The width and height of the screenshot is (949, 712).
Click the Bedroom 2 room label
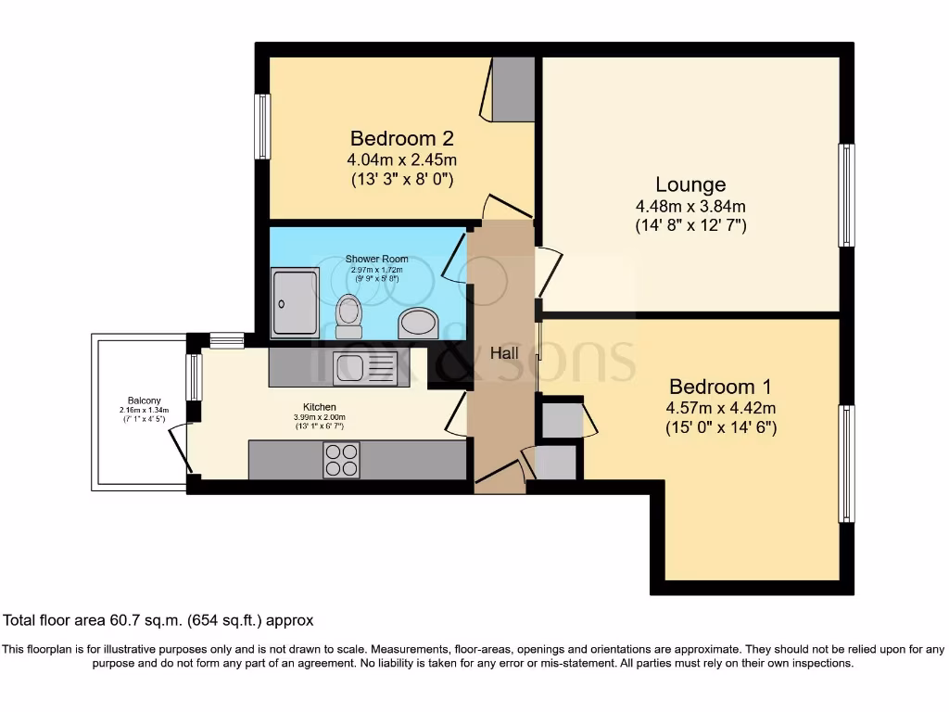tap(401, 138)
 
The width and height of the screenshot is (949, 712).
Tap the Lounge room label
tap(690, 184)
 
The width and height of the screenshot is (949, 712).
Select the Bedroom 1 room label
tap(720, 387)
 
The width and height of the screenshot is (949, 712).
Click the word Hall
tap(503, 353)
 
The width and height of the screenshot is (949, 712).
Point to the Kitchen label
tap(320, 407)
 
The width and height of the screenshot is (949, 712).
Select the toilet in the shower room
tap(348, 316)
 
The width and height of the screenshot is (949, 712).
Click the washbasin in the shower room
tap(419, 324)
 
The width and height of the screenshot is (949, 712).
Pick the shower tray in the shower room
tap(295, 302)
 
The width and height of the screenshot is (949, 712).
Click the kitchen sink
tap(366, 367)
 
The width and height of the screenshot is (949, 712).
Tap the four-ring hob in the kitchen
tap(341, 460)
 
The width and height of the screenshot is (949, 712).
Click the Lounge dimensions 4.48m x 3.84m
tap(690, 206)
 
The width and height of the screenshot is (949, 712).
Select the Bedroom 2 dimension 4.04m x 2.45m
tap(401, 159)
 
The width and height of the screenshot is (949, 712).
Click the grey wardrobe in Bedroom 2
tap(513, 89)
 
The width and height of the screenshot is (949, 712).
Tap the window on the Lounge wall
tap(846, 195)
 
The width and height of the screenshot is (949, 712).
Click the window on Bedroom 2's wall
tap(262, 126)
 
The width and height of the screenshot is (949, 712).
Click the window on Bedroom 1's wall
tap(846, 464)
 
